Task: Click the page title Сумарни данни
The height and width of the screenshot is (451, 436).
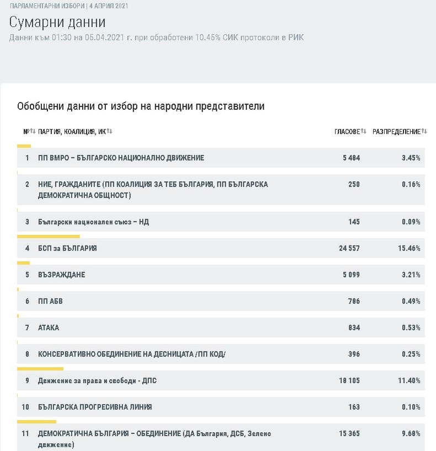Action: coord(57,22)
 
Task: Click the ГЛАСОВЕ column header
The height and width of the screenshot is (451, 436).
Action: coord(347,131)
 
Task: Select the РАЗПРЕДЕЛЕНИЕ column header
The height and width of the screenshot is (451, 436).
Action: coord(396,131)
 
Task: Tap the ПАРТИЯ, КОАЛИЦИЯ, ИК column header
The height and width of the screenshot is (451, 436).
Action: coord(72,131)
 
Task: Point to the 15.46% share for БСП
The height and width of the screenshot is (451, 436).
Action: coord(409,248)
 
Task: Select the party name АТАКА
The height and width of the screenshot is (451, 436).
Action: coord(49,328)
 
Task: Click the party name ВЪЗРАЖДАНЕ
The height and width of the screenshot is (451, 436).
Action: coord(61,275)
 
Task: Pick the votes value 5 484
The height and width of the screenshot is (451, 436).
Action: coord(351,158)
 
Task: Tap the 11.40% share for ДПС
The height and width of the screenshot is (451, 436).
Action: coord(409,381)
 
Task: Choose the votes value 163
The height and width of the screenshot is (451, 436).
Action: coord(354,407)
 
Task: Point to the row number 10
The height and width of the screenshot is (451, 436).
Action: coord(25,407)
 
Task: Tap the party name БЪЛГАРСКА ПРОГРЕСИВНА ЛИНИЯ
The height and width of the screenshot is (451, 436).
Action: coord(95,407)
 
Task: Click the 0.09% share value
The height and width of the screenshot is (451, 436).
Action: coord(411,222)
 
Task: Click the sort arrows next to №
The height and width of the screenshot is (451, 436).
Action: coord(33,131)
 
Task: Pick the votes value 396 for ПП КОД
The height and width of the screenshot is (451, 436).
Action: coord(354,354)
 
